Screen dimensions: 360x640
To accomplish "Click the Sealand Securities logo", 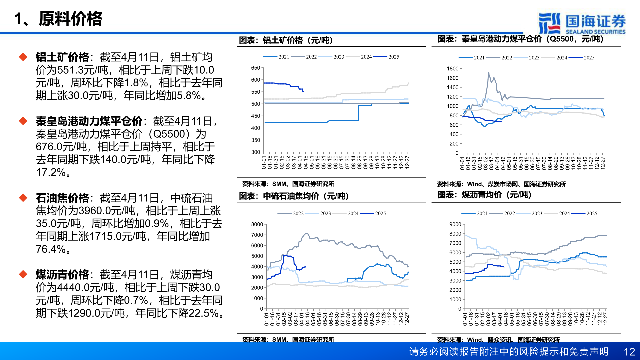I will pos(582,23).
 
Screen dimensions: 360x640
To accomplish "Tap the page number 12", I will pos(629,352).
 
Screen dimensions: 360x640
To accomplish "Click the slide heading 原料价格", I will pos(70,19).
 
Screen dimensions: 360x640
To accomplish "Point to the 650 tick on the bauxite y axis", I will pos(256,68).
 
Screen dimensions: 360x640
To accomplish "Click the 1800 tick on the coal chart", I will pos(453,69).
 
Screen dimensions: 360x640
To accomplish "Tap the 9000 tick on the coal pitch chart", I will pos(455,224).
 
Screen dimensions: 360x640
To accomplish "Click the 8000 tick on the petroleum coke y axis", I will pos(257,224).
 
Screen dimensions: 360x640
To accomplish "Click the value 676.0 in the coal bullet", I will pos(49,147).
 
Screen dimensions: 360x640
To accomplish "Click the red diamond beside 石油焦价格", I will pos(23,198).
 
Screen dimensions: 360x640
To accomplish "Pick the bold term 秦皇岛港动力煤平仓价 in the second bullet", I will pos(89,121).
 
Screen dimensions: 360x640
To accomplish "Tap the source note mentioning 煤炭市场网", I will pos(501,184).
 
